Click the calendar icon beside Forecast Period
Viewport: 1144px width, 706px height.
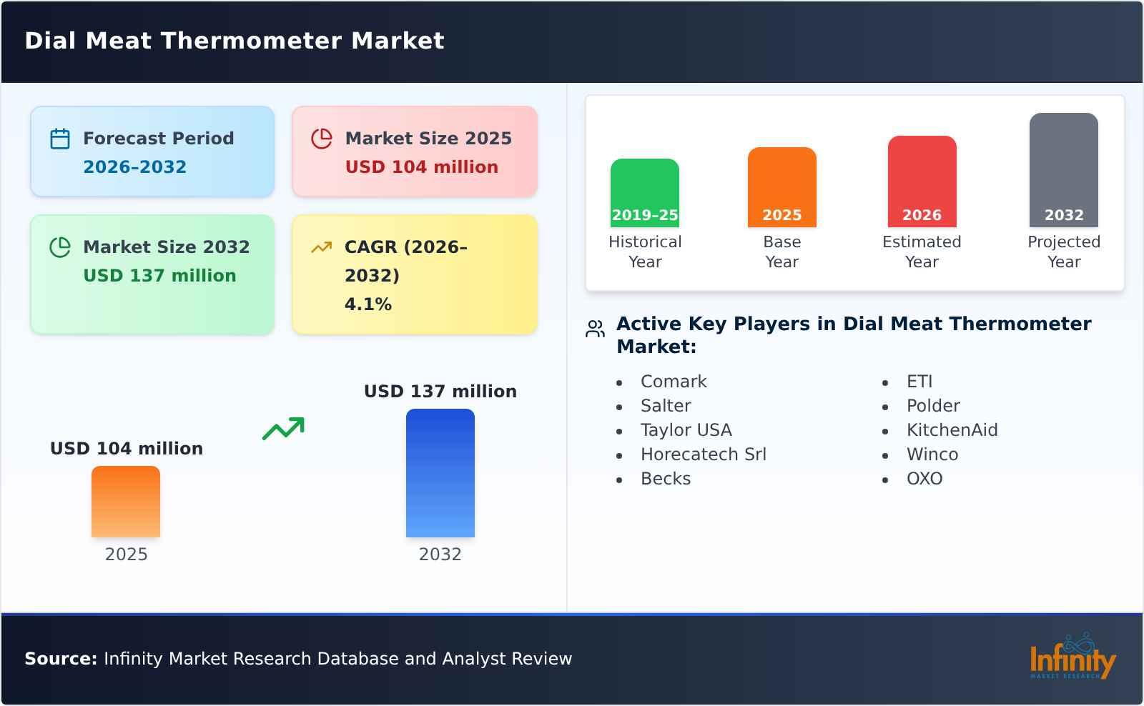point(60,139)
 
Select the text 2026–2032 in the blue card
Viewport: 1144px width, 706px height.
point(134,167)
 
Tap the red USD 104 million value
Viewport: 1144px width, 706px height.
point(421,167)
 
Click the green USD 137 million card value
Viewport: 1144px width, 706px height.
point(159,276)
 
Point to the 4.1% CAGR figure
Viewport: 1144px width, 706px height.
point(368,304)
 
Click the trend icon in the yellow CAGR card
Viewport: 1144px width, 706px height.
point(321,247)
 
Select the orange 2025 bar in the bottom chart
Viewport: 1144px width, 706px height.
point(126,502)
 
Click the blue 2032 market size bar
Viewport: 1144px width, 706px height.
point(440,473)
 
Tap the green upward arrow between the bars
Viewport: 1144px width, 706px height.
point(283,429)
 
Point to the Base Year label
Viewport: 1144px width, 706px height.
point(781,252)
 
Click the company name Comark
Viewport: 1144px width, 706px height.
point(674,382)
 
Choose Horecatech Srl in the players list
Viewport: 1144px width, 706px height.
point(703,454)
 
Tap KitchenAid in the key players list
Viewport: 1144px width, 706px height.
point(952,430)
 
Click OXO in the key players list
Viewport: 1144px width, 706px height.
point(924,479)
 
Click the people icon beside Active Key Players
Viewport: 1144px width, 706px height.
point(595,329)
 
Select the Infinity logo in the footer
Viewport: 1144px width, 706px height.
point(1072,657)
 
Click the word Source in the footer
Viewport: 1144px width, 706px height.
point(60,659)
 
